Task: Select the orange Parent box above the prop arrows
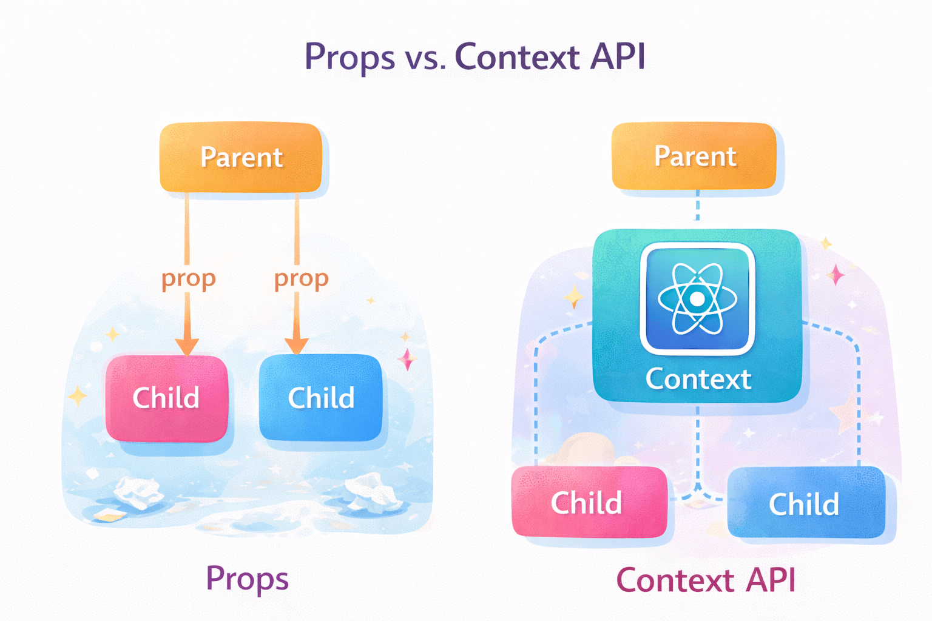[x=241, y=158]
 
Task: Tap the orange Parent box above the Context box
[x=694, y=156]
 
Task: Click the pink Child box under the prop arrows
[x=166, y=398]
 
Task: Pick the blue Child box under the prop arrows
[x=320, y=398]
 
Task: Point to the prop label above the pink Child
[x=188, y=279]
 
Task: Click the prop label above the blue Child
[x=301, y=279]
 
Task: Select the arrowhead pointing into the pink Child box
[x=187, y=346]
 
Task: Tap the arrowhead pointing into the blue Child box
[x=296, y=346]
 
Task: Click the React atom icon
[x=697, y=298]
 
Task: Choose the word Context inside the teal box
[x=698, y=379]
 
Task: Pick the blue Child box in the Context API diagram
[x=805, y=503]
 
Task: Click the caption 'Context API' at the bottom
[x=705, y=580]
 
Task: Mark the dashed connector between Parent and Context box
[x=697, y=206]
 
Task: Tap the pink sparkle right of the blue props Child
[x=407, y=359]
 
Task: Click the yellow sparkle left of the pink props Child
[x=78, y=395]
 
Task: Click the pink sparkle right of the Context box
[x=836, y=275]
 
